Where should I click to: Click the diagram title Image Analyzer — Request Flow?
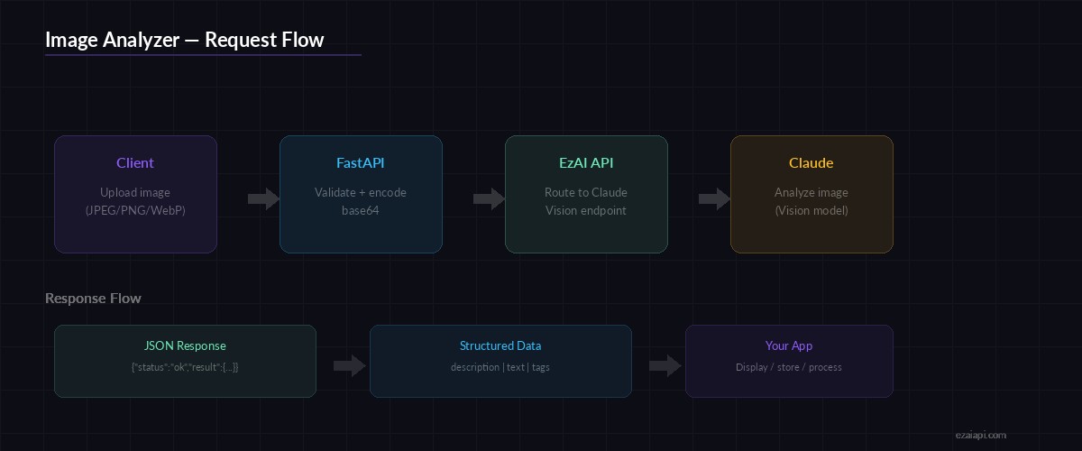[184, 40]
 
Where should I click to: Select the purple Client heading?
[135, 163]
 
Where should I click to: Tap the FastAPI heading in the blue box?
[361, 163]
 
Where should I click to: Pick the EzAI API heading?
[586, 163]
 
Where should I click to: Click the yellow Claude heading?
[811, 163]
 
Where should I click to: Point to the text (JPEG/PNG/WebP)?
[135, 211]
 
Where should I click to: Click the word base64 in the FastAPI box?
[361, 211]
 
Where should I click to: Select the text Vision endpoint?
[586, 211]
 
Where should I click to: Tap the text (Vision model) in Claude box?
[811, 211]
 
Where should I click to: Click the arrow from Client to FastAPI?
[264, 199]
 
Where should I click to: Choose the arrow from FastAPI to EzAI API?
[490, 199]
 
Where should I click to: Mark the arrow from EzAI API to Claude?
[715, 199]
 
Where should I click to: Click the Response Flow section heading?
[93, 299]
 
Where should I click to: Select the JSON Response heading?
[185, 346]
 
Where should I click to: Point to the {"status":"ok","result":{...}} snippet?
[185, 368]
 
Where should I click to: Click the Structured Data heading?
[500, 346]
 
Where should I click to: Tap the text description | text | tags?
[500, 368]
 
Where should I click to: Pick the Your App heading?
[789, 346]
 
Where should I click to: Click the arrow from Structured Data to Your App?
[665, 365]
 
